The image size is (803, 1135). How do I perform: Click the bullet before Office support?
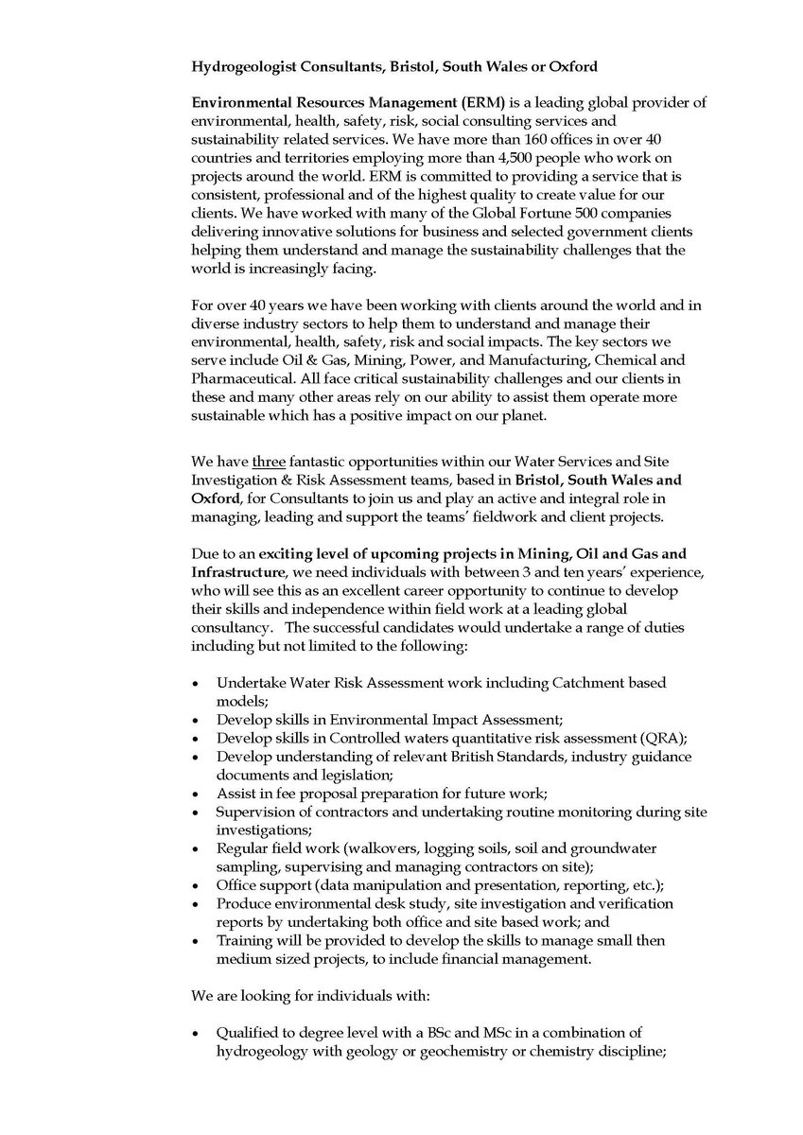click(x=195, y=886)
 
